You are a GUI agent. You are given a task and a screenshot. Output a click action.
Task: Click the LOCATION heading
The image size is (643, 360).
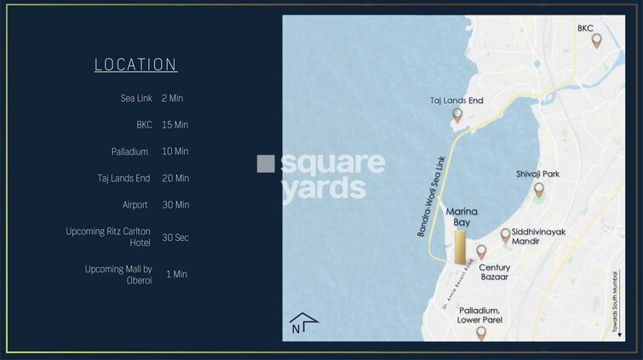coord(135,65)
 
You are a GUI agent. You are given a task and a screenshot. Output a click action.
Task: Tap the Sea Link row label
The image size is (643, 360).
coord(136,98)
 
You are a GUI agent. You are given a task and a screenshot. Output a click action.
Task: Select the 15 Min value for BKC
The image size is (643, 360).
coord(175,125)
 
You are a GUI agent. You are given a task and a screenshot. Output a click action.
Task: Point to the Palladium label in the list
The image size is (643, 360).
coord(129,151)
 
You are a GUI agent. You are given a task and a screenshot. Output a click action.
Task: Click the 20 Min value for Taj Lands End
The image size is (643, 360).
coord(175,179)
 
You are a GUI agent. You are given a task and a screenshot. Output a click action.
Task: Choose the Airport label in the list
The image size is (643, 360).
coord(135,205)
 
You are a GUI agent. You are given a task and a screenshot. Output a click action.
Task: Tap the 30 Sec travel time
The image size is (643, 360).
coord(175,237)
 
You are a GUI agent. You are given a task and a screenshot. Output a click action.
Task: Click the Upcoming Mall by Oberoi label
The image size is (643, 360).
coord(118,274)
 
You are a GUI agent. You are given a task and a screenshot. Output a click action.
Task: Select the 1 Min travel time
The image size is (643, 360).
coord(176,274)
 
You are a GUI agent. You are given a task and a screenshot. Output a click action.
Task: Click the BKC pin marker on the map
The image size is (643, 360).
coord(596,40)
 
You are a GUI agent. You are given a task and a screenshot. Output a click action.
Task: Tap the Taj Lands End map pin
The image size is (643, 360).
coord(457,115)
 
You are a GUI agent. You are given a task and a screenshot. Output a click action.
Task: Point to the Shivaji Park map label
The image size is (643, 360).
coord(538,174)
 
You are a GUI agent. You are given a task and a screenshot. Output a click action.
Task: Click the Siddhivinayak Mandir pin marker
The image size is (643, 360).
coord(505,234)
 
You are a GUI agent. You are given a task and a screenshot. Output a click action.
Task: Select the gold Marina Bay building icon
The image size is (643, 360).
coord(460,246)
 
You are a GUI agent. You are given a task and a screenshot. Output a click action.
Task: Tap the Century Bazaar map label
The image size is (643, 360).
coord(495,273)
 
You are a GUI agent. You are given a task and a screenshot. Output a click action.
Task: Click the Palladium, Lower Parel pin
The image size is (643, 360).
coord(481,332)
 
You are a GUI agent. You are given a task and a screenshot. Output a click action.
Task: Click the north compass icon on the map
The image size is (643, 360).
coord(303,323)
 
